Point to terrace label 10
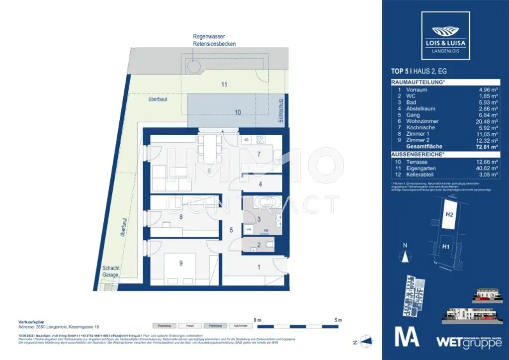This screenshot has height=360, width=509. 238,113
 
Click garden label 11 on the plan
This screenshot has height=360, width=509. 224,85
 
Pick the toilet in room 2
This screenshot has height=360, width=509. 268,244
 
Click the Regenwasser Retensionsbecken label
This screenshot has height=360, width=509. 214,40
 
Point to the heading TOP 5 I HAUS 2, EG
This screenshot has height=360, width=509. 419,72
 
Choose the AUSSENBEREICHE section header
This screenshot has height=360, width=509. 418,155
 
